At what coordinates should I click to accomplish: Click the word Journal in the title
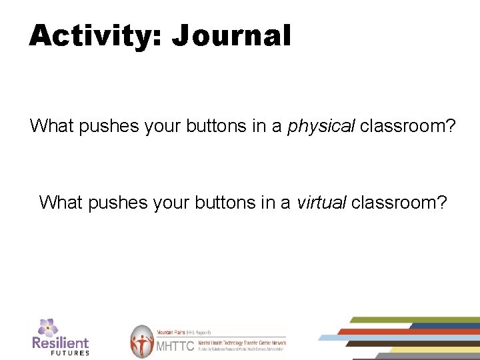(231, 35)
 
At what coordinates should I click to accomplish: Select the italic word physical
(321, 126)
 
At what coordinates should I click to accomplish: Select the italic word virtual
(321, 202)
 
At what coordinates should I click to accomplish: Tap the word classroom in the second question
(399, 202)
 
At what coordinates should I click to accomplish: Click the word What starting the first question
(52, 126)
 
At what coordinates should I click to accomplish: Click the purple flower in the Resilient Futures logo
(47, 327)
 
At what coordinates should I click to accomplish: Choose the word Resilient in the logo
(60, 343)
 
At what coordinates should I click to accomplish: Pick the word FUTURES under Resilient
(69, 353)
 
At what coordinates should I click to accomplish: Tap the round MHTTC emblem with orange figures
(142, 341)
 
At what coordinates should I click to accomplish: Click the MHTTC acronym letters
(175, 346)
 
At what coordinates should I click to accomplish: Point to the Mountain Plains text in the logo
(170, 331)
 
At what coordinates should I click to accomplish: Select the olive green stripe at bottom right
(413, 320)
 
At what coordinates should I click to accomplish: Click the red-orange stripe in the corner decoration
(407, 331)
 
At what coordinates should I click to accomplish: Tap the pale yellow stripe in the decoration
(433, 349)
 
